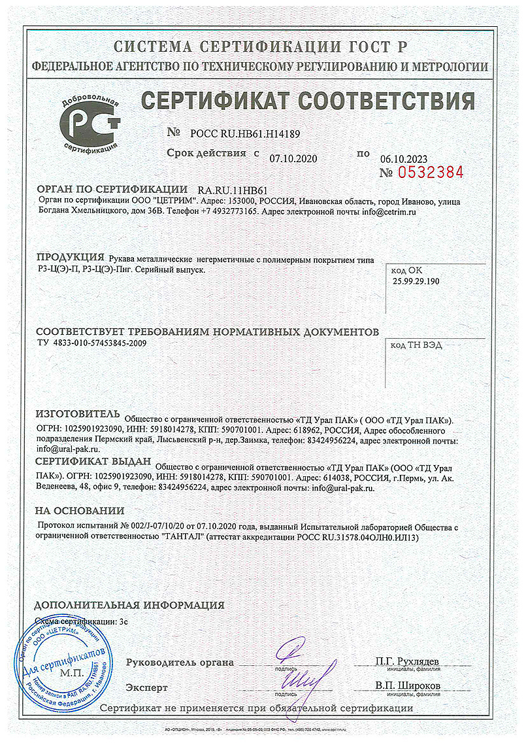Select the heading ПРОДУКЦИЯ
click(x=70, y=256)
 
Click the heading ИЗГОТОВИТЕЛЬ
click(x=77, y=415)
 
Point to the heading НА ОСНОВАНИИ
click(x=79, y=510)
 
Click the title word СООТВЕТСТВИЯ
click(x=387, y=101)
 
